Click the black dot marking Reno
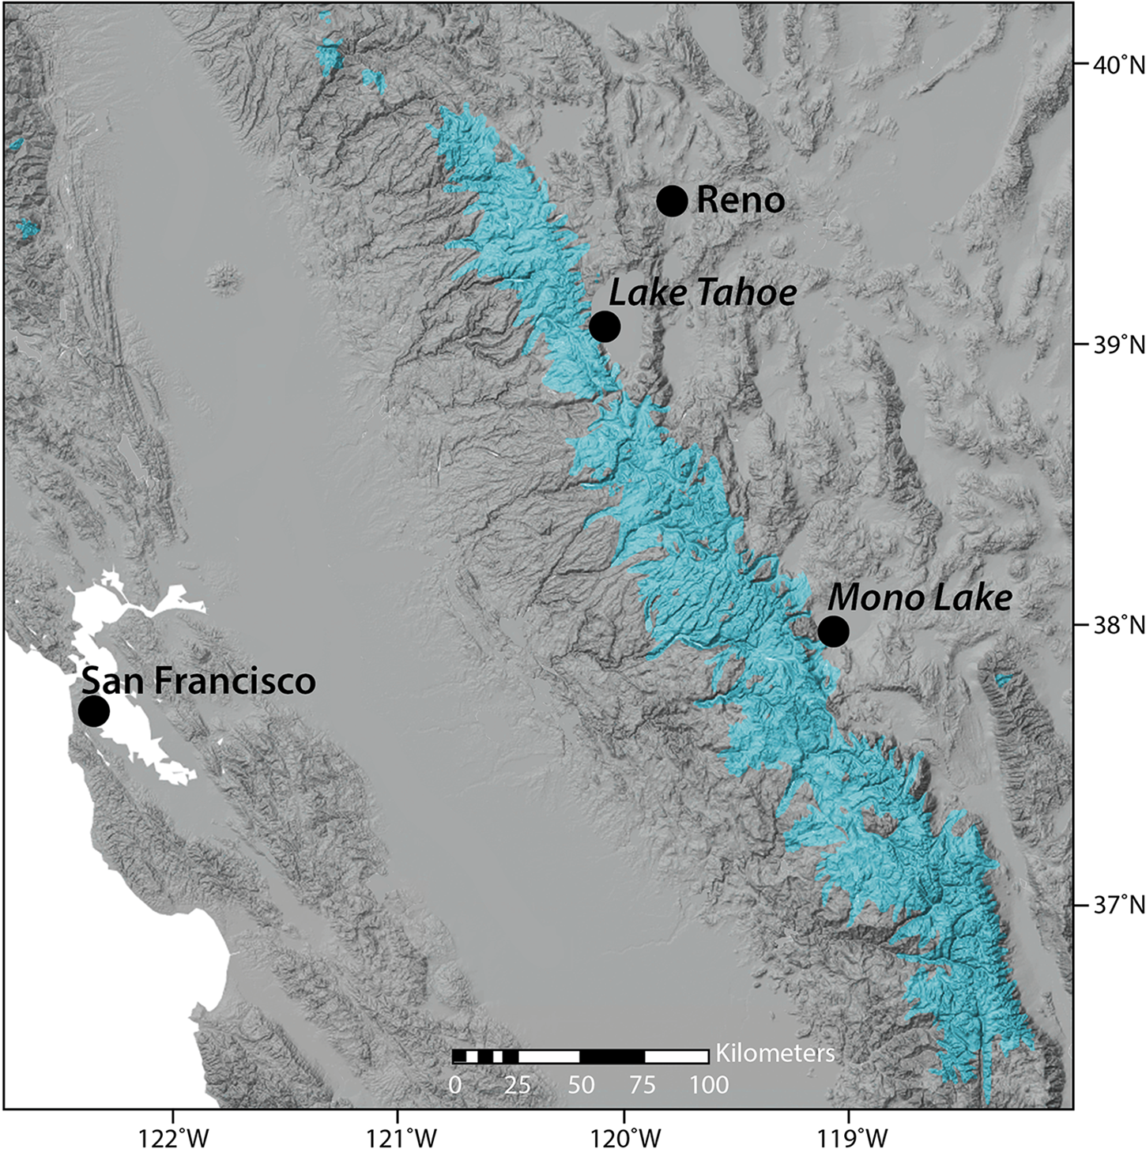[x=672, y=201]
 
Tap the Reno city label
[x=741, y=201]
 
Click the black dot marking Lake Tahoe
[x=605, y=326]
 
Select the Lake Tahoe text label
[x=703, y=294]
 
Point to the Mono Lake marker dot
[x=833, y=631]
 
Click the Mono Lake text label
[x=919, y=597]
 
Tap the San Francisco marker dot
[x=93, y=711]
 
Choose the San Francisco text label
[x=198, y=680]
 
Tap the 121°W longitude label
[x=398, y=1133]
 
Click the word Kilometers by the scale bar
[x=775, y=1053]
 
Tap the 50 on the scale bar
[x=581, y=1084]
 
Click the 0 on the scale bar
[x=455, y=1084]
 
